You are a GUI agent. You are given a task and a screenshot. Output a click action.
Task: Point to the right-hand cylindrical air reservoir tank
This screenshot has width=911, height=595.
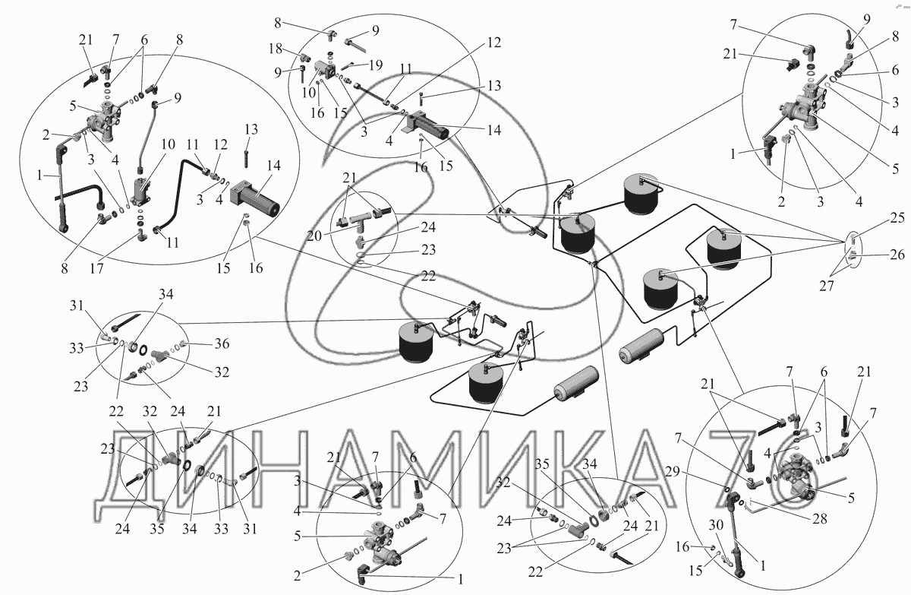(648, 347)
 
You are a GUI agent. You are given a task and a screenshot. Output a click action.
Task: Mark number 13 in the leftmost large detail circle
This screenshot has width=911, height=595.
(251, 128)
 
